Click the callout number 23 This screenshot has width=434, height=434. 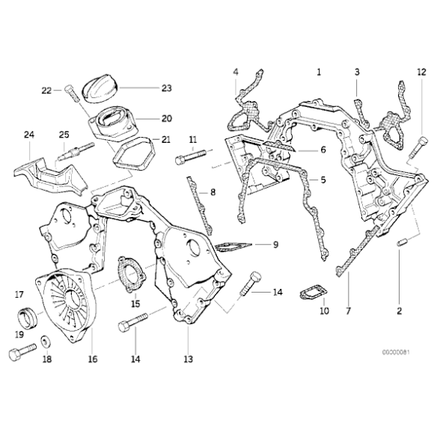[x=166, y=88]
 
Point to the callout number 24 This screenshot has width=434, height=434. [x=29, y=135]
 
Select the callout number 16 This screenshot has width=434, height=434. [x=93, y=359]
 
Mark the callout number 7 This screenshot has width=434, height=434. [x=347, y=310]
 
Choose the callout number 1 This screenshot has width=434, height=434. [x=319, y=72]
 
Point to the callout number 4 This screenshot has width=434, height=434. [x=235, y=72]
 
